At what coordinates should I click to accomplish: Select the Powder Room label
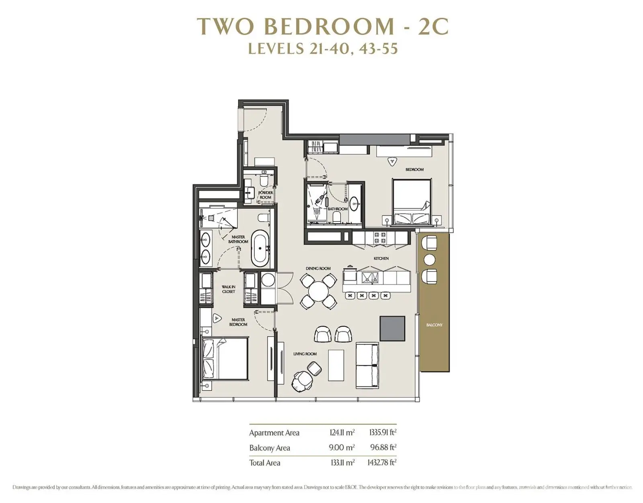point(265,195)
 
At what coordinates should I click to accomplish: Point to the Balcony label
point(434,325)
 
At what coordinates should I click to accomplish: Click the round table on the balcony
point(430,260)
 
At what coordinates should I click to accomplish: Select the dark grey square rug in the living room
point(392,328)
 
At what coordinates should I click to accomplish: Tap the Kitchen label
point(381,258)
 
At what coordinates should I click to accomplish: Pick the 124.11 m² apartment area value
point(342,433)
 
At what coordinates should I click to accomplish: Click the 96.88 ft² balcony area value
point(383,447)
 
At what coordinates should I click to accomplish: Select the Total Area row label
point(264,462)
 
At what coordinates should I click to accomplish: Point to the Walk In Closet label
point(228,289)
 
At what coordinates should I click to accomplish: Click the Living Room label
point(305,354)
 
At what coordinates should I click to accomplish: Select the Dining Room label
point(318,268)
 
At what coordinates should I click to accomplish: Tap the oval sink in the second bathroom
point(354,203)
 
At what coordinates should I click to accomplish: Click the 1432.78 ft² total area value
point(382,462)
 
